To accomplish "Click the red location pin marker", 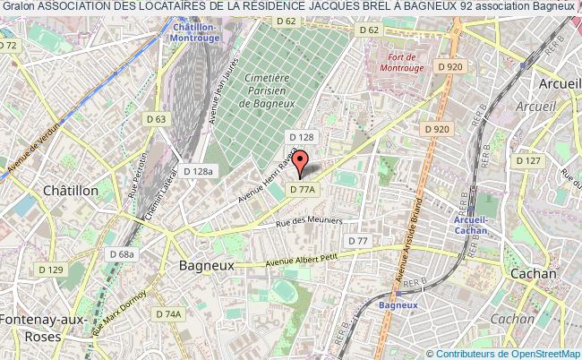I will (302, 162).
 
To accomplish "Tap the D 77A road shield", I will (305, 190).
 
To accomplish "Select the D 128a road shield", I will (197, 171).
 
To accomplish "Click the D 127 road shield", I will (529, 161).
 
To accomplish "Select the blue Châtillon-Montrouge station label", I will (197, 34).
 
